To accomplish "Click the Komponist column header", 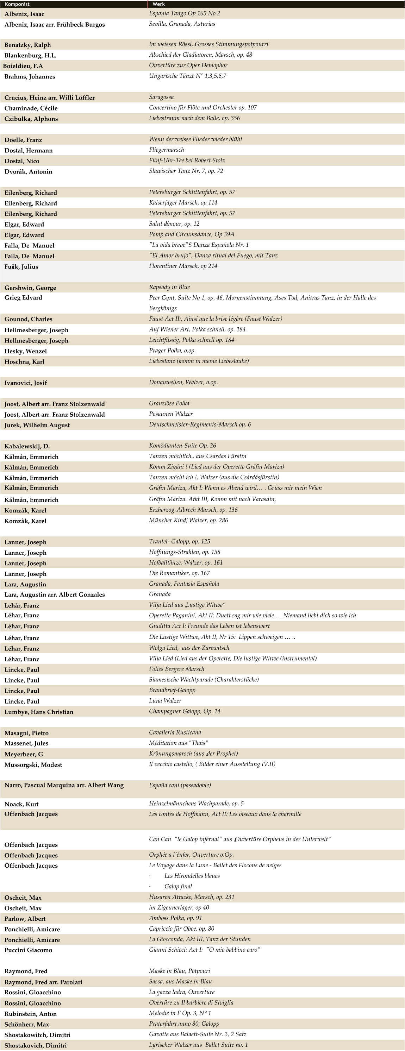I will click(17, 4).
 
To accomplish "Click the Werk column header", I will click(159, 4).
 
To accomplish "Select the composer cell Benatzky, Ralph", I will click(28, 45).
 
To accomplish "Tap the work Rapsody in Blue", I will click(169, 287).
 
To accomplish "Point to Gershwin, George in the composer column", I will click(30, 288).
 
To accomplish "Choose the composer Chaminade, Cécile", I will click(31, 108).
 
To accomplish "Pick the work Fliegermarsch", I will click(167, 150).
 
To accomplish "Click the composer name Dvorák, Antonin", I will click(29, 172).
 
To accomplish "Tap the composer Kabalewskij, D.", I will click(27, 446).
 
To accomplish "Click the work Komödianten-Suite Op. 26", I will click(182, 446).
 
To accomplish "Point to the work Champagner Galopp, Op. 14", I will click(185, 711).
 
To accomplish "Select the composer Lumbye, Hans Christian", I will click(39, 712).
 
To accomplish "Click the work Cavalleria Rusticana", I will click(175, 732).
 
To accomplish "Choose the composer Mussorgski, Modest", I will click(33, 764).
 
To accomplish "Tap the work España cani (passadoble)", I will click(180, 785).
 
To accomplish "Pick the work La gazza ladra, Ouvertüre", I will click(182, 992).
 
